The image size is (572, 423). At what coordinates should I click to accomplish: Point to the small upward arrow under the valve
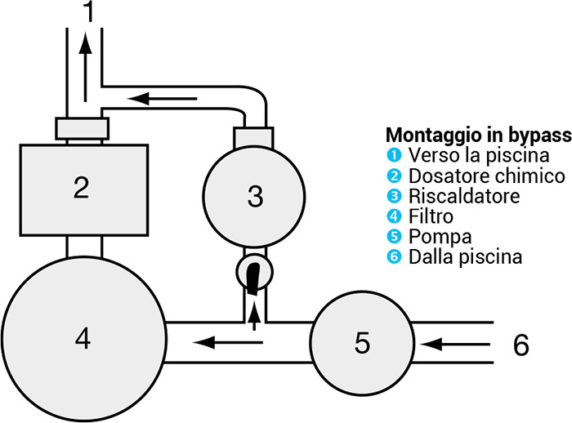pyautogui.click(x=254, y=314)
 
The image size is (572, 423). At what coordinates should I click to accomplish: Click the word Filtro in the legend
pyautogui.click(x=432, y=217)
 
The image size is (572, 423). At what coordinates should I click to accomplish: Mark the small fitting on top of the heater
pyautogui.click(x=253, y=136)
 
